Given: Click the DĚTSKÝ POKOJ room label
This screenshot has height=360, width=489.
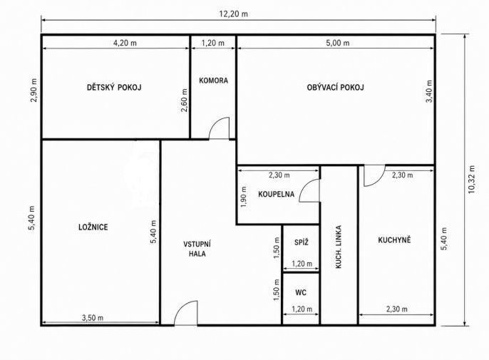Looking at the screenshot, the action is [114, 88].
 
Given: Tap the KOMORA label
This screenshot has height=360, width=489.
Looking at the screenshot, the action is [214, 81].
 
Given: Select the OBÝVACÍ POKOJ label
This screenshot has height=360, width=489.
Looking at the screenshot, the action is [336, 88].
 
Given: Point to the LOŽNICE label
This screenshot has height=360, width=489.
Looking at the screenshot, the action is [93, 227].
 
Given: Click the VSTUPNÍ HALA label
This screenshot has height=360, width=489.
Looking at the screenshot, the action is [197, 249].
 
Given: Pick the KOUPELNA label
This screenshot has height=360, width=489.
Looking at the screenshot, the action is [277, 195].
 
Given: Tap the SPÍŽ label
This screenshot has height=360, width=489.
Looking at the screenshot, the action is [302, 242].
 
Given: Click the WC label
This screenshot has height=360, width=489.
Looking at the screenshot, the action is [301, 292].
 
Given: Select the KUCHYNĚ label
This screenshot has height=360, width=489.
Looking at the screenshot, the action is [394, 240].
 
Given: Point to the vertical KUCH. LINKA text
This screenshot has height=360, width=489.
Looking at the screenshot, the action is [339, 247].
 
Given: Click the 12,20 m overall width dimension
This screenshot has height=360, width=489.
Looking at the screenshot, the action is [234, 14].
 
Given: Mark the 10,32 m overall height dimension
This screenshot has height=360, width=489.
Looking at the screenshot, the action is [471, 180].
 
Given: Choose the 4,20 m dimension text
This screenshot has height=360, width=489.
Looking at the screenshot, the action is [125, 43].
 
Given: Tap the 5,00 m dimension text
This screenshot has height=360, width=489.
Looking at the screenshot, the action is [338, 43].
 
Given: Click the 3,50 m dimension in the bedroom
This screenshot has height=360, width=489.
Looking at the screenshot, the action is [93, 318].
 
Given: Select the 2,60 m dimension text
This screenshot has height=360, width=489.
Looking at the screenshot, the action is [185, 101].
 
